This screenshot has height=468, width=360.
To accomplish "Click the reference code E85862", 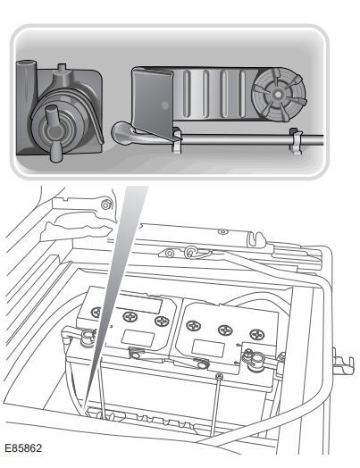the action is tap(23, 448).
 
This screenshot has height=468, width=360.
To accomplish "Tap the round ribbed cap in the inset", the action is tap(279, 95).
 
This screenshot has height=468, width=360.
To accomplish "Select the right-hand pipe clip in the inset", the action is tap(296, 140).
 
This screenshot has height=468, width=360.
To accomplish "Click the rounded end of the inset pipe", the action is tap(121, 133).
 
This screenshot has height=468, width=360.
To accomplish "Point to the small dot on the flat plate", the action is tap(164, 104).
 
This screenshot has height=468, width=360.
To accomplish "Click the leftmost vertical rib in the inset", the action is tap(187, 94).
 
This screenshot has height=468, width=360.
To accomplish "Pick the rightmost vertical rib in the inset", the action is tap(241, 94).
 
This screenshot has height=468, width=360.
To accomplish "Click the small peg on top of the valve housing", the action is tap(62, 67).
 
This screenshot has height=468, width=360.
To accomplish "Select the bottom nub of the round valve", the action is tap(55, 152).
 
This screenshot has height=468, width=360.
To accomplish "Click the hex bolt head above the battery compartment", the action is tap(105, 205).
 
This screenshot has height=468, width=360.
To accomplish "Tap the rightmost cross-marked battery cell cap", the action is tap(256, 335).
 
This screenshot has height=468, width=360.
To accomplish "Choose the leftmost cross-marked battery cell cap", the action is tap(96, 313).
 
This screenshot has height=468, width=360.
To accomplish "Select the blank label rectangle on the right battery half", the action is tap(208, 348).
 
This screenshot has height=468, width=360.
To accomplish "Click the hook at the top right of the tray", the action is tap(256, 238).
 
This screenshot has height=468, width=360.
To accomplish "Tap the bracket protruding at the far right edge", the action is tap(343, 362).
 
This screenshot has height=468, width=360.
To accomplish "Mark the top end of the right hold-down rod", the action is tap(220, 376).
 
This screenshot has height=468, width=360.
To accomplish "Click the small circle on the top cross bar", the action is tap(222, 231).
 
